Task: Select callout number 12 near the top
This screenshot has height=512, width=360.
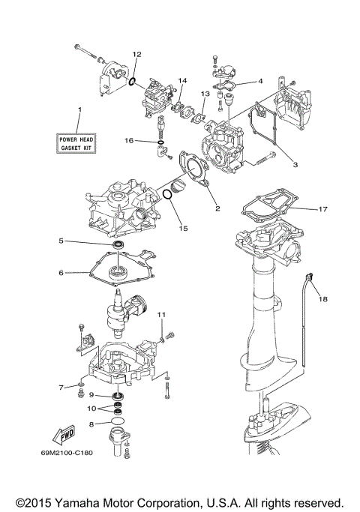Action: [136, 55]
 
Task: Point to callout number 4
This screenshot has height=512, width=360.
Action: [259, 81]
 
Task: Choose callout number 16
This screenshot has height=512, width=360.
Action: [128, 140]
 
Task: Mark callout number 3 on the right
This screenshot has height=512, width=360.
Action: [295, 164]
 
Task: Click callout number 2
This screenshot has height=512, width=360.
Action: [217, 208]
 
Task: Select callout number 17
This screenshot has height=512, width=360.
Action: [322, 209]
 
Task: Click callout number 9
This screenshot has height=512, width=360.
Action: [91, 395]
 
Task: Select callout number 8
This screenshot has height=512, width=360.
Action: [91, 424]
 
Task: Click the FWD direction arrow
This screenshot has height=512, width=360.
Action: [61, 436]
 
